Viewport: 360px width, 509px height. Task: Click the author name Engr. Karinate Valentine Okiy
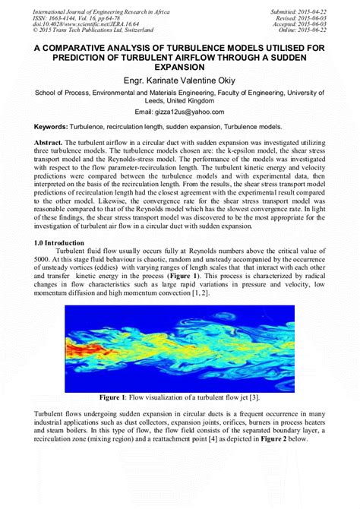tap(180, 80)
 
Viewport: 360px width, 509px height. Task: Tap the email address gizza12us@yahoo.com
tap(180, 112)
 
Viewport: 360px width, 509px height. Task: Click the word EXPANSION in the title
tap(180, 66)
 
